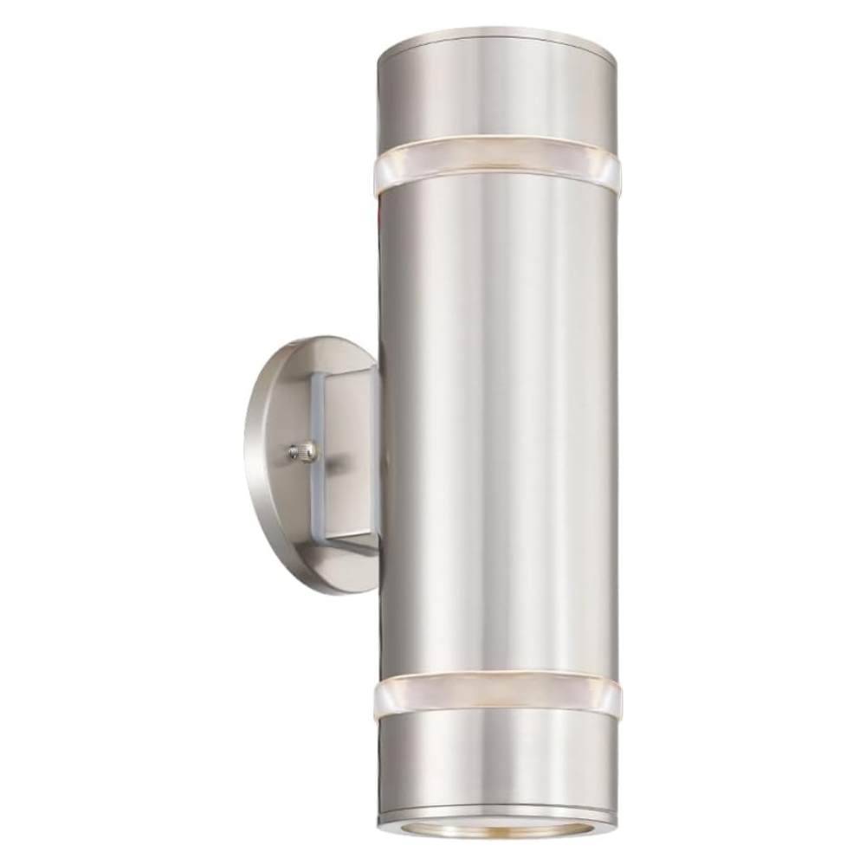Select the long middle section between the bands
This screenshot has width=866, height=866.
(498, 416)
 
